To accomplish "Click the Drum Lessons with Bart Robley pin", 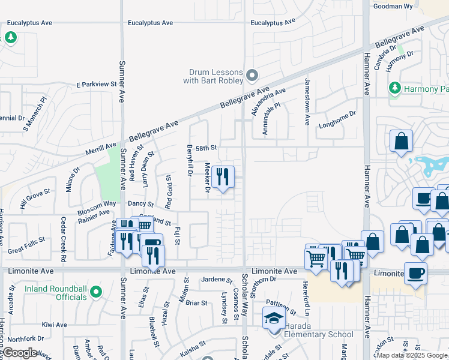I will [252, 76].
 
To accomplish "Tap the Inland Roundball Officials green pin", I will [96, 294].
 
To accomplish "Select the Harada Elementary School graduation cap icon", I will [274, 318].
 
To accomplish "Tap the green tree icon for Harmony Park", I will [394, 89].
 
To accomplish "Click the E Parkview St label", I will [96, 85].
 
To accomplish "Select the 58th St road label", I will [205, 147].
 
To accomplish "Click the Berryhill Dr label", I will [189, 160].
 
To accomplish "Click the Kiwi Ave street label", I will [55, 325].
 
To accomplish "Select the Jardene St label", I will [217, 280].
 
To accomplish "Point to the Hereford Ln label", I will [305, 295].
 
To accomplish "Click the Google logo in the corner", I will [19, 353].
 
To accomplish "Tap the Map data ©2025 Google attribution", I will [412, 355].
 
